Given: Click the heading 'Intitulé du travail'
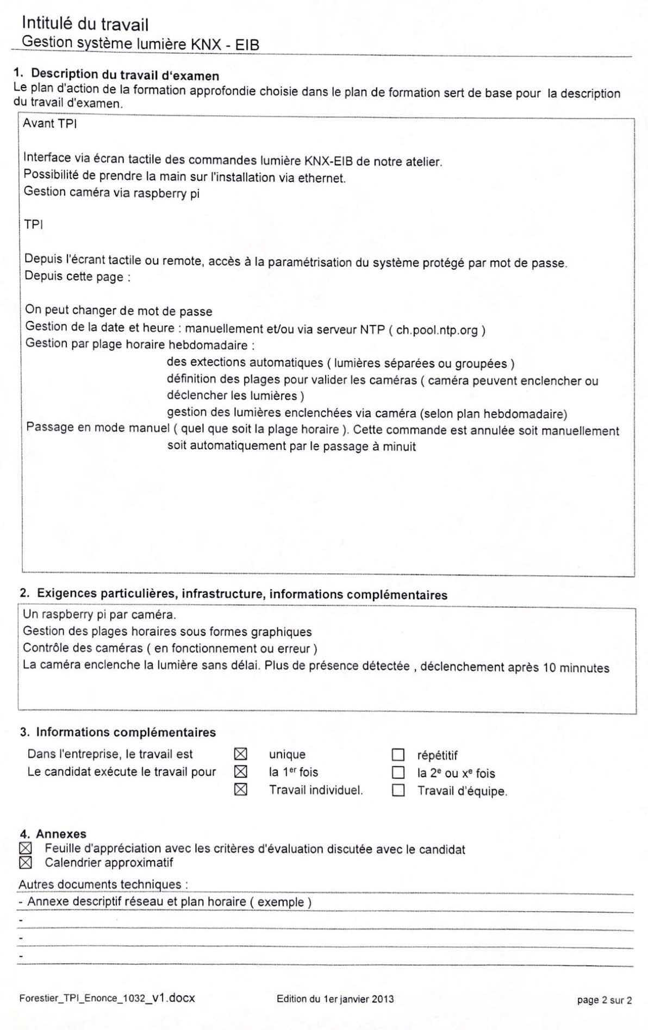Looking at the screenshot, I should coord(85,24).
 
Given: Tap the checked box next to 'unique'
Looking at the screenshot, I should coord(240,754).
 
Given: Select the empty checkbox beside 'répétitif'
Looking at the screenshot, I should coord(398,755).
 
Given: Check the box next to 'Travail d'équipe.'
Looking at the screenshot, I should coord(398,790).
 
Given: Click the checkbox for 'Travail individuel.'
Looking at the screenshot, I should coord(240,789).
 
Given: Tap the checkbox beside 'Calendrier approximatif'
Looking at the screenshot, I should coord(26,862).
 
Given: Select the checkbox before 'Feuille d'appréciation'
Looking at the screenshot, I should coord(26,848).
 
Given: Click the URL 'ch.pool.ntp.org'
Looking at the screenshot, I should coord(437,330).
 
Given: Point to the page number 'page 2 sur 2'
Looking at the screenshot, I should coord(604,1000).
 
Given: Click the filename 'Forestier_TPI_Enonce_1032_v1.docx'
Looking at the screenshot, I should coord(107,998).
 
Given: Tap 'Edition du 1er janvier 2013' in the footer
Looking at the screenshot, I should coord(335,998).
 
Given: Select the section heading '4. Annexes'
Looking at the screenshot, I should coord(53,833).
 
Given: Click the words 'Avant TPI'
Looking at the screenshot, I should coord(49,123).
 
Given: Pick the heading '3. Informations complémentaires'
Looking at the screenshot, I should coord(117,732).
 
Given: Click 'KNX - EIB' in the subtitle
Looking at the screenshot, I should coord(225,45).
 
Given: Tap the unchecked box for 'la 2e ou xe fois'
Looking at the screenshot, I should coord(398,772).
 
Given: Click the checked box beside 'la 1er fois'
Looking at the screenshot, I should coord(240,771).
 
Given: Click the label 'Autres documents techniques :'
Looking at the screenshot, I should coord(103,884).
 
